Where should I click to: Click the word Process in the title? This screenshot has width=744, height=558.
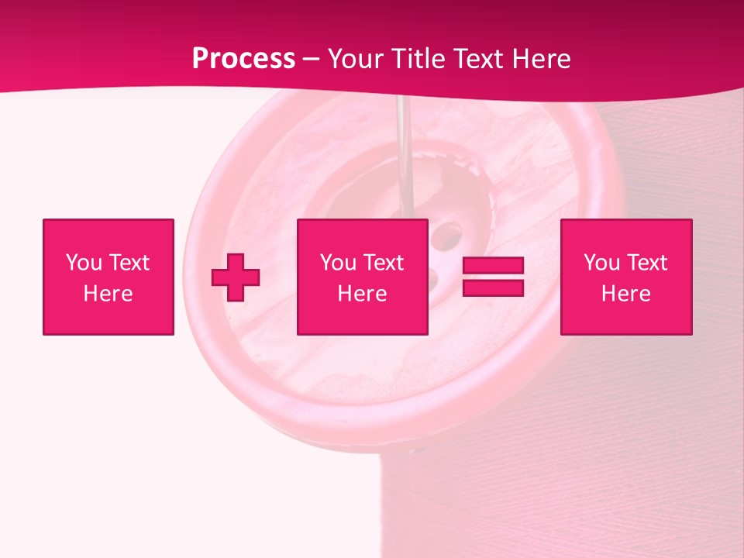[243, 59]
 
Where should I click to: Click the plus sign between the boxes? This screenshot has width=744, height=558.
[236, 277]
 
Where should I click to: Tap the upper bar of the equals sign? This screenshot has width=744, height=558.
[493, 267]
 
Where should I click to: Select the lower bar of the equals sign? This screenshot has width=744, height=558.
[493, 288]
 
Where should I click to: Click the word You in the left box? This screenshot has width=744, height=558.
[84, 263]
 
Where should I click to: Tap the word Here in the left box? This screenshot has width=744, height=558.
[108, 294]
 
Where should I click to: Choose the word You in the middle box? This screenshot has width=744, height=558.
[338, 263]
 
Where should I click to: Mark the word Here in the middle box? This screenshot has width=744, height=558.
[362, 294]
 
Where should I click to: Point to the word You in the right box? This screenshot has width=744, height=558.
[601, 263]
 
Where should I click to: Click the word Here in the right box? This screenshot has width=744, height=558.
[625, 294]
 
